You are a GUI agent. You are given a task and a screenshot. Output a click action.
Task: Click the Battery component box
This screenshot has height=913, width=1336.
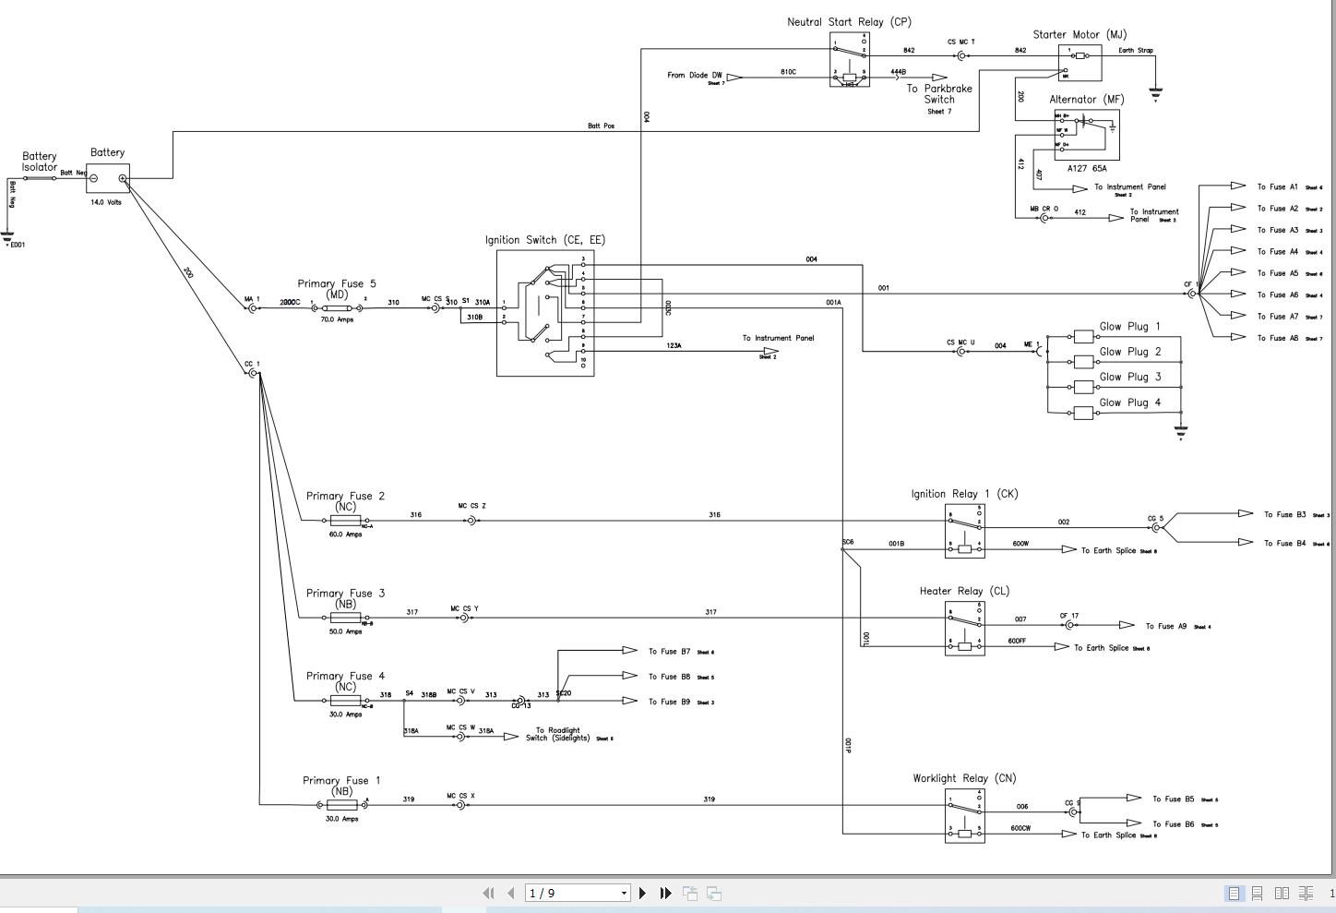pos(108,178)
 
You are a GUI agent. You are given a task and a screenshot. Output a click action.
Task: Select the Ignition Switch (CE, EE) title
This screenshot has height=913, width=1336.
pos(545,240)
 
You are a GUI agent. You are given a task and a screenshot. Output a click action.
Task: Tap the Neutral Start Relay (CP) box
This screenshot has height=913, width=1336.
pos(849,59)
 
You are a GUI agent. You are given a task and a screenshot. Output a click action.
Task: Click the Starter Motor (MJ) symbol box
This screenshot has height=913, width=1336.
pos(1080,62)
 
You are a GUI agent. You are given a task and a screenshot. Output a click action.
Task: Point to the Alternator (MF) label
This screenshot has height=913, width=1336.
pos(1087,99)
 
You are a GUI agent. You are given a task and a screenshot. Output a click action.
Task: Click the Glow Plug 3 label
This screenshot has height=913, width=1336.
pos(1129,377)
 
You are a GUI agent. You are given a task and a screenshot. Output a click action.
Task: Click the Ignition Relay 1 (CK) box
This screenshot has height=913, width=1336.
pos(964,531)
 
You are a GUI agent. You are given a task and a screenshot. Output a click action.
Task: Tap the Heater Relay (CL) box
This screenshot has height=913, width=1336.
pos(964,629)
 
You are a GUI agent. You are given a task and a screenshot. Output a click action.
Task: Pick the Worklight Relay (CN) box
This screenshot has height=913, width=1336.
pos(964,816)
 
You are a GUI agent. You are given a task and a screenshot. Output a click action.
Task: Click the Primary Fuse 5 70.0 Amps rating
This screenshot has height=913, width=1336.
pos(337,319)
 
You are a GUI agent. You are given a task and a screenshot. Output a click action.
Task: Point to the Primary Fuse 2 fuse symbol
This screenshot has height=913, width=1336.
pos(345,521)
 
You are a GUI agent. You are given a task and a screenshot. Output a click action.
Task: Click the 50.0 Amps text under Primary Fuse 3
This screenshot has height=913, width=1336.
pos(346,631)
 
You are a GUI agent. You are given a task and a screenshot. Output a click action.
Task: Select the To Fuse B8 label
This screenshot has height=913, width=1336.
pos(669,677)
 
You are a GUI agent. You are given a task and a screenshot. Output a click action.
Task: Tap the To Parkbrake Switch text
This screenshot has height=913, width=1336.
pos(939,94)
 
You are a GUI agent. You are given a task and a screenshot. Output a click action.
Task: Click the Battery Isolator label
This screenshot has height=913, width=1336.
pos(40,162)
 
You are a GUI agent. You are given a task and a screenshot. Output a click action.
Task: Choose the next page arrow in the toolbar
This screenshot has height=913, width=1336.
pos(643,893)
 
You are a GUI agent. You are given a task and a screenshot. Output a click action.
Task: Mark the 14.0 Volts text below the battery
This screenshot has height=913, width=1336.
pos(105,202)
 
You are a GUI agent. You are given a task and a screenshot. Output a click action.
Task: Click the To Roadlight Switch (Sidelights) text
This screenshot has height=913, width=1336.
pos(557,734)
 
